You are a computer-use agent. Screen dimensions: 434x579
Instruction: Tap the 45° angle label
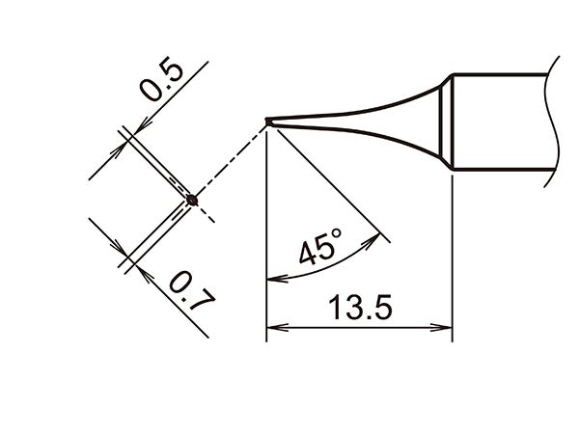click(319, 250)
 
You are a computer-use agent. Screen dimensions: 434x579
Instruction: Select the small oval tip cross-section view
click(192, 201)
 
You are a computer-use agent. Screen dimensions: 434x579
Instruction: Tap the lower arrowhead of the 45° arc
click(273, 279)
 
